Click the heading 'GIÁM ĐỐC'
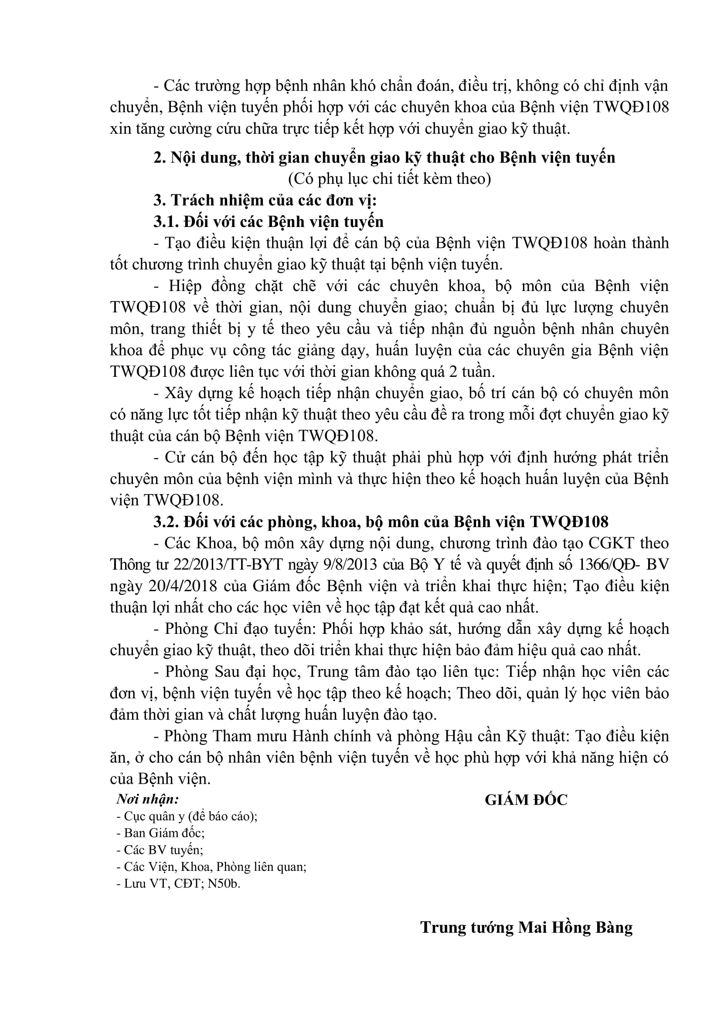coord(526,800)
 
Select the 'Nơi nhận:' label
coord(147,799)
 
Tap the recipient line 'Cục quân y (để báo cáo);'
coord(187,816)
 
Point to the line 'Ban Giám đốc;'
coord(160,833)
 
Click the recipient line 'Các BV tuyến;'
coord(160,850)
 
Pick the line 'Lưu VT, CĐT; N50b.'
coord(178,884)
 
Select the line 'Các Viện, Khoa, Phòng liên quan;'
coord(211,867)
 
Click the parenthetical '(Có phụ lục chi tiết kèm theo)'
coord(389,179)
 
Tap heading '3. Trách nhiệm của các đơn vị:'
coord(265,200)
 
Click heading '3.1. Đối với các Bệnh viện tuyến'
coord(269,221)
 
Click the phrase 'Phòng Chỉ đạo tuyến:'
coord(237,630)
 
